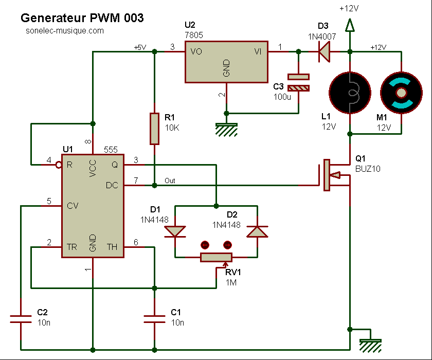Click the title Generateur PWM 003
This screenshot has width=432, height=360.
pyautogui.click(x=82, y=18)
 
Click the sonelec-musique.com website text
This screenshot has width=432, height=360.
pyautogui.click(x=64, y=31)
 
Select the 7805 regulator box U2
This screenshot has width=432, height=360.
pyautogui.click(x=226, y=62)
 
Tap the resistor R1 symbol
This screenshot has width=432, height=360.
pyautogui.click(x=154, y=129)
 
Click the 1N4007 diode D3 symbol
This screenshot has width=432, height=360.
pyautogui.click(x=324, y=51)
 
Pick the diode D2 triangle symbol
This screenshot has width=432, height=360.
pyautogui.click(x=257, y=231)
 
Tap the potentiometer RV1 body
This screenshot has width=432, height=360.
pyautogui.click(x=216, y=257)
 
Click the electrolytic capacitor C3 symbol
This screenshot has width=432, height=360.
pyautogui.click(x=298, y=82)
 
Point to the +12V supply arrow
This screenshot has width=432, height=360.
pyautogui.click(x=350, y=24)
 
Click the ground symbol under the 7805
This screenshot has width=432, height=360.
pyautogui.click(x=226, y=127)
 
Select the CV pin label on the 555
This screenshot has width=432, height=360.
pyautogui.click(x=73, y=206)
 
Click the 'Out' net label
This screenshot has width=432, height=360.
pyautogui.click(x=170, y=181)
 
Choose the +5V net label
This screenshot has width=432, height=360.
pyautogui.click(x=140, y=47)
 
